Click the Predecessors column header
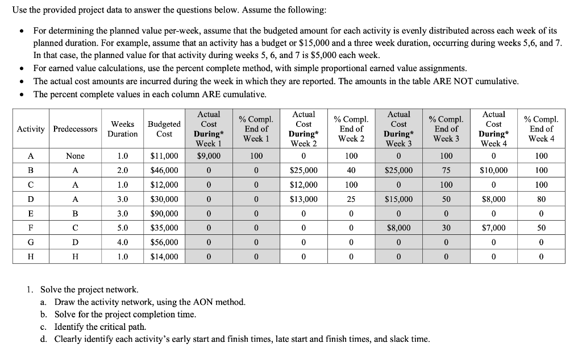[x=75, y=129]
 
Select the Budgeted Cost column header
[x=164, y=129]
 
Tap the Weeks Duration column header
[x=123, y=129]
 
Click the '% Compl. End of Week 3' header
[x=446, y=129]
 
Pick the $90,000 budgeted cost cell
[x=164, y=214]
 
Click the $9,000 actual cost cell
[x=209, y=156]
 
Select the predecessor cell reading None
[x=75, y=156]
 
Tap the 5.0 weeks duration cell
[x=123, y=228]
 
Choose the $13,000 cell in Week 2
[x=304, y=199]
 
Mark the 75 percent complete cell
[x=446, y=170]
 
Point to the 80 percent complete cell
[x=541, y=199]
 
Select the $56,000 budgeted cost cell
[x=164, y=242]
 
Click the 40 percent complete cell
[x=351, y=170]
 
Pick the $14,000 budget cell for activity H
[x=164, y=257]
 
